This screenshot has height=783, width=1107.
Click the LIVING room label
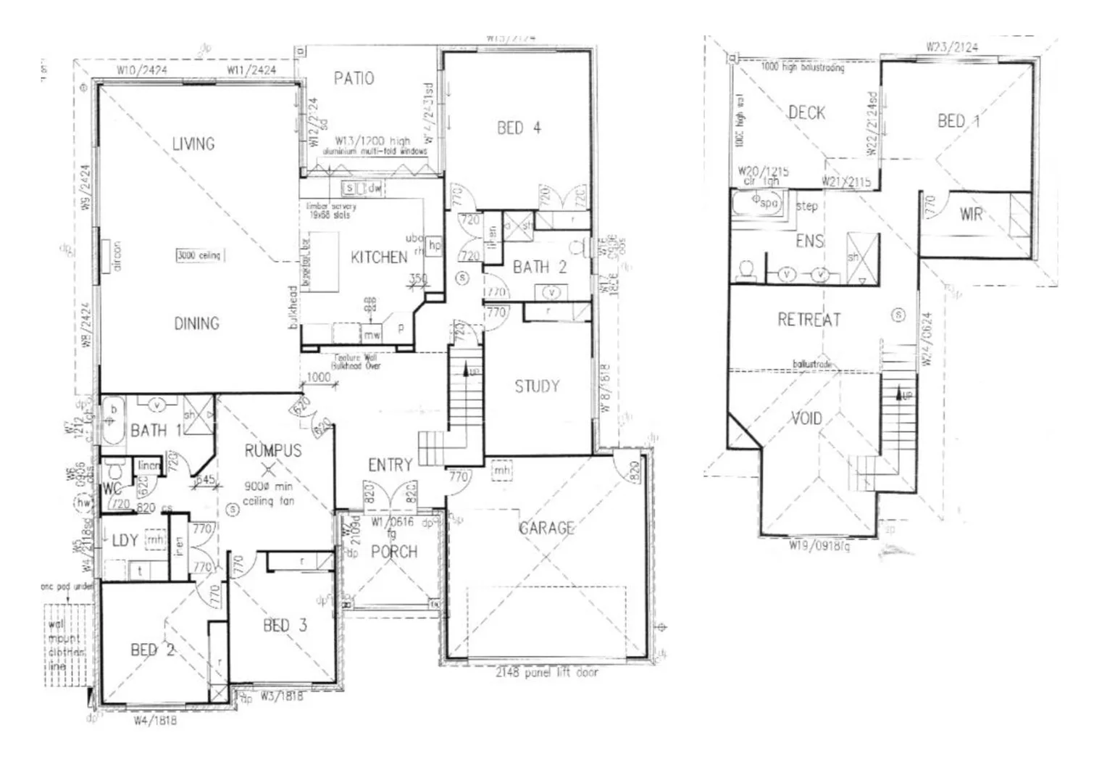[193, 144]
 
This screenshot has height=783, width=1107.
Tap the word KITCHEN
[379, 257]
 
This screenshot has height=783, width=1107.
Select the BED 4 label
[519, 128]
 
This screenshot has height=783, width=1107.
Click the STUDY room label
[537, 386]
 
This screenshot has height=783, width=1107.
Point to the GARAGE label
[546, 529]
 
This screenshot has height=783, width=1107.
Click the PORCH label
[394, 552]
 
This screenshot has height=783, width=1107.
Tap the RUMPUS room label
[272, 450]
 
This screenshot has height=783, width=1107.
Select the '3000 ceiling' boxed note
[199, 255]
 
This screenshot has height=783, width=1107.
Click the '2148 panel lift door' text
[547, 673]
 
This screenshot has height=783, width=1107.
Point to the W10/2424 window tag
[143, 70]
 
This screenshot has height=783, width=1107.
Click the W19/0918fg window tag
[819, 545]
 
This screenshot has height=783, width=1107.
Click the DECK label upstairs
[806, 112]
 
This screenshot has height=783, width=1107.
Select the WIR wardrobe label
[971, 214]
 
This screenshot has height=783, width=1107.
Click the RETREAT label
[809, 320]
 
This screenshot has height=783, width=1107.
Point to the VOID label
[806, 418]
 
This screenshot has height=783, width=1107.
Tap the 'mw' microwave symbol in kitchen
[372, 335]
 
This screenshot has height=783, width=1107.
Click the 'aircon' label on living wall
[117, 256]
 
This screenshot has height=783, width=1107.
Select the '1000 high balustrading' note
[802, 67]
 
